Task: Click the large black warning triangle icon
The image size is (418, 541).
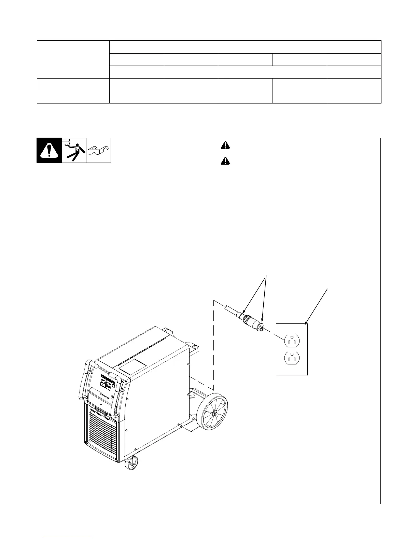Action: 49,151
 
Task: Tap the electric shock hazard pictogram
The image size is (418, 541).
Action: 74,150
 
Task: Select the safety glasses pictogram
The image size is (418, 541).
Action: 99,150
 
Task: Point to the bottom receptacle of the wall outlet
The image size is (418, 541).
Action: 292,359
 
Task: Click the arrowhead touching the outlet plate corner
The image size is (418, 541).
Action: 305,323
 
